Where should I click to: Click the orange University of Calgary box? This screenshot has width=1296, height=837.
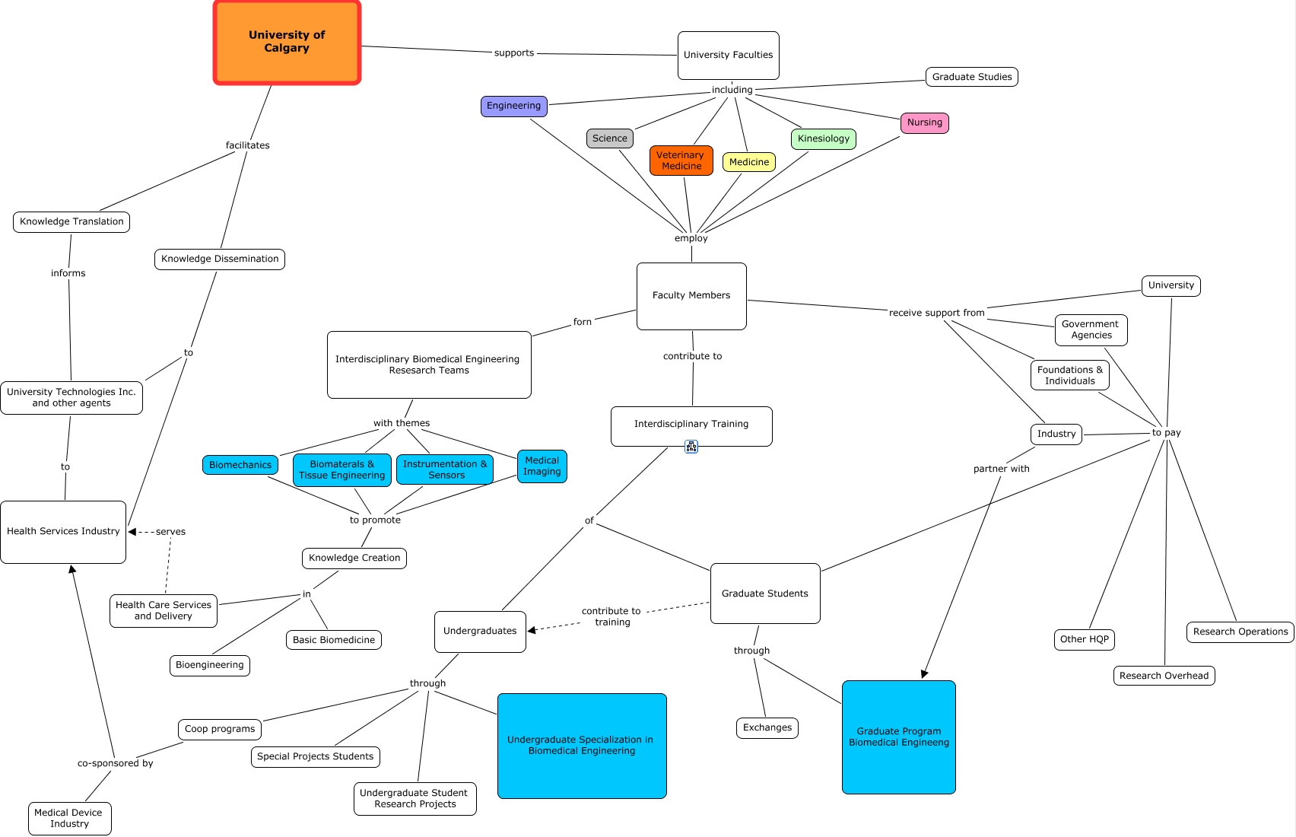[x=287, y=43]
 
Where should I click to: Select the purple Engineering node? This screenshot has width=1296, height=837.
[x=513, y=107]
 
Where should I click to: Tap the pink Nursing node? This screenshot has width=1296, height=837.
[x=924, y=123]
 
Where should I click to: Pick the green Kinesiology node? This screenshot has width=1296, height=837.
[x=823, y=138]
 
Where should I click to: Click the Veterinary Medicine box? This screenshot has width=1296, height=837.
[x=681, y=161]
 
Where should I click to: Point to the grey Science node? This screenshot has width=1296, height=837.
[x=609, y=138]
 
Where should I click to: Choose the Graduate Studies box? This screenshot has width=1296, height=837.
[x=971, y=77]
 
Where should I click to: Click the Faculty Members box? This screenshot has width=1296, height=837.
[x=691, y=296]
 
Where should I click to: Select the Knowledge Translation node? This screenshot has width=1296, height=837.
[x=71, y=222]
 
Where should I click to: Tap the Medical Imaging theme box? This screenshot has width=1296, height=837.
[x=542, y=466]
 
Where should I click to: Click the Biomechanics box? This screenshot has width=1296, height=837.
[x=240, y=465]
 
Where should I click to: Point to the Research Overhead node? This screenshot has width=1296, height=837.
[x=1163, y=676]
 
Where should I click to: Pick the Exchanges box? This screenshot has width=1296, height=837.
[x=767, y=728]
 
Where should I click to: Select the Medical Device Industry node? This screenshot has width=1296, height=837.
[x=69, y=819]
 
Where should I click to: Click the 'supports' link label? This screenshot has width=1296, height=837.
[x=514, y=53]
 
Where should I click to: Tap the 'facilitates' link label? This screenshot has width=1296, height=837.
[x=247, y=145]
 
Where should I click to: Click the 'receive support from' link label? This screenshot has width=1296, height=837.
[x=936, y=313]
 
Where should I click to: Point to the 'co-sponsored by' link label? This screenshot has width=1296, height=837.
[x=115, y=763]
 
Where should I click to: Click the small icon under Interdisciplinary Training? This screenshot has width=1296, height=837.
[x=691, y=447]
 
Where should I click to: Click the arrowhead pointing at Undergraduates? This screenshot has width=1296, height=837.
[x=532, y=630]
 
